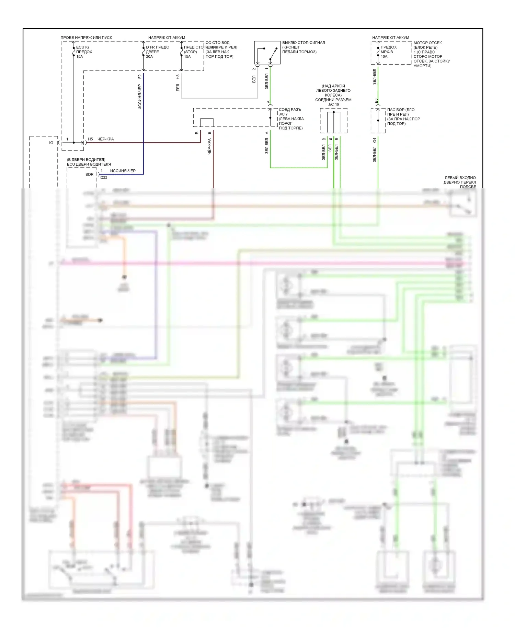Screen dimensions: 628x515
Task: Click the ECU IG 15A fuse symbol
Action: tap(73, 52)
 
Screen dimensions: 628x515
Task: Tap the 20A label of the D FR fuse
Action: tap(149, 57)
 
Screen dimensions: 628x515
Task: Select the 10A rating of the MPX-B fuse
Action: tap(384, 57)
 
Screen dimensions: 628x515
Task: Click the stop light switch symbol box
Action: tap(267, 53)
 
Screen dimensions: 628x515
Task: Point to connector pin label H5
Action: tap(90, 139)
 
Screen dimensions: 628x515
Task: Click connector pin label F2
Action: tap(140, 76)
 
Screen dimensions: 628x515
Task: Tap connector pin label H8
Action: tap(178, 77)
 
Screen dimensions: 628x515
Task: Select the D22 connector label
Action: tap(104, 178)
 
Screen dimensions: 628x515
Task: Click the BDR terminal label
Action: tap(89, 174)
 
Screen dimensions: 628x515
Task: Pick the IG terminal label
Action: tap(51, 143)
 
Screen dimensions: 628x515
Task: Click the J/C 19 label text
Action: tap(333, 104)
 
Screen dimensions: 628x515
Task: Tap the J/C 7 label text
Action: tap(283, 114)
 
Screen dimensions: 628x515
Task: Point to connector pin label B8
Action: tap(376, 101)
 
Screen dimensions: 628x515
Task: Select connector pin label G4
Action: tap(375, 140)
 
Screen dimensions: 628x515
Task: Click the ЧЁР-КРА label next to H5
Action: tap(105, 139)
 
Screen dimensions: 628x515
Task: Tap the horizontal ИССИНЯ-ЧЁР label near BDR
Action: tap(123, 171)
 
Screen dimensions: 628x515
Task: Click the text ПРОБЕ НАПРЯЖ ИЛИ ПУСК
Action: tap(86, 37)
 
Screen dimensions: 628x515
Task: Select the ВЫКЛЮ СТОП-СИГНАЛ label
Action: tap(304, 43)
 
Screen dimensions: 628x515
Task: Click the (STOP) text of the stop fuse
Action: tap(190, 52)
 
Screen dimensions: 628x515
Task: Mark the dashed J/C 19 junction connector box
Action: tap(333, 121)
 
